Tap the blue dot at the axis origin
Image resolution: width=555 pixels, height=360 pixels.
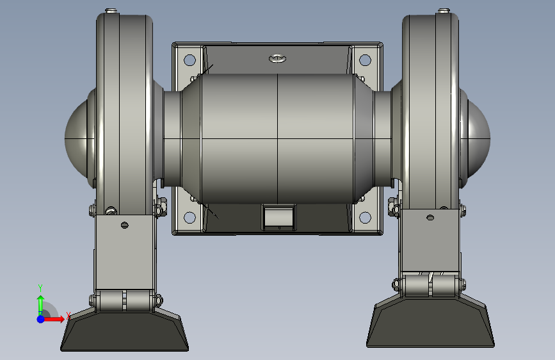point(40,319)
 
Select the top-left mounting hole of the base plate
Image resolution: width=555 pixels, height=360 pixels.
point(189,60)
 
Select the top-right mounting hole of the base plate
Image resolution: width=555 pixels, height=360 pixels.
point(365,60)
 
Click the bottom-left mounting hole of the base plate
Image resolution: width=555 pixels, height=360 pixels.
point(189,217)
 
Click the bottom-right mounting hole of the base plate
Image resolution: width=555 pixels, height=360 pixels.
point(365,217)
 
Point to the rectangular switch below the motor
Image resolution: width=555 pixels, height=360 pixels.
point(279,217)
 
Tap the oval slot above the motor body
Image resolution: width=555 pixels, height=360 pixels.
point(278,58)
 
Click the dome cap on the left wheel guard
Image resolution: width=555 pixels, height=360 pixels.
point(76,139)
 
